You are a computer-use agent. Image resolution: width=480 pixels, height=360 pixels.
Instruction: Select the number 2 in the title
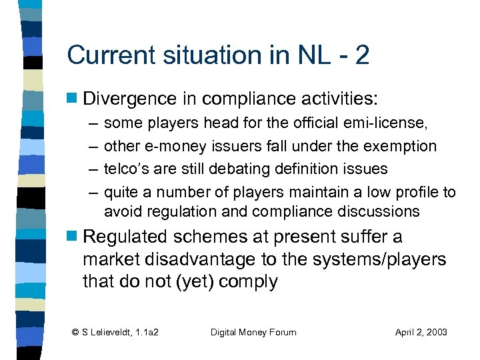(x=361, y=55)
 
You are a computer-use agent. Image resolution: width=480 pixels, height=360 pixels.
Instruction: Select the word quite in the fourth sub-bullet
(x=121, y=193)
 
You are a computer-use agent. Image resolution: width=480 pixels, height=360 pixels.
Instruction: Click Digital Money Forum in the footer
(x=253, y=332)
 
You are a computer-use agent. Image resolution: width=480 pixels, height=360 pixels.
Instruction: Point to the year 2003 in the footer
(x=434, y=332)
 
